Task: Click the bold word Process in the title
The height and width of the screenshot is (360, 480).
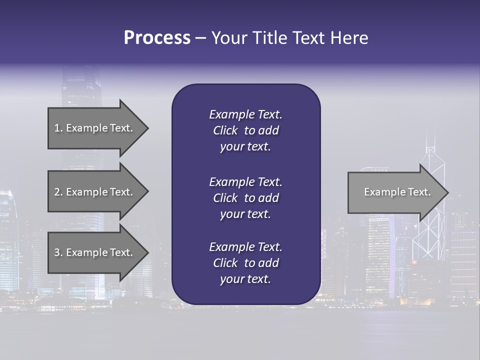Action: pos(157,38)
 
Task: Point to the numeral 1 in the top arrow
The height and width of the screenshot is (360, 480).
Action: pos(57,128)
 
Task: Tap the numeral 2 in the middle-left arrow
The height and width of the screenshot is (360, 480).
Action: pos(57,192)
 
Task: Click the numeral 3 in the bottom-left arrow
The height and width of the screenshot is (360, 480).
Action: pos(57,252)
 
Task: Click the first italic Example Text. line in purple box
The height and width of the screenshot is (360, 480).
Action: pos(245,114)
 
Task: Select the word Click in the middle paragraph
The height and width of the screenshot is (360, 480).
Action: pos(225,198)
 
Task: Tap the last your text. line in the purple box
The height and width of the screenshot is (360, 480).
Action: pos(245,279)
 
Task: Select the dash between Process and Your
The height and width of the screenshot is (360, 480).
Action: pos(200,38)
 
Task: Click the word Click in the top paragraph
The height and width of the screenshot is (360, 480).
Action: pos(225,130)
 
